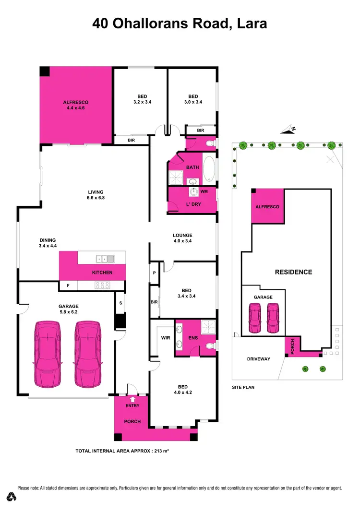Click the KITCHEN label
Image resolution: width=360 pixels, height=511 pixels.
click(x=102, y=273)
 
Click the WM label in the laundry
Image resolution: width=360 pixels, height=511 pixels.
click(x=204, y=191)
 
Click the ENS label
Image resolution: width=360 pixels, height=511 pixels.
click(x=193, y=337)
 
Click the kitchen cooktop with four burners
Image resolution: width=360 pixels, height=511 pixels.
click(x=103, y=285)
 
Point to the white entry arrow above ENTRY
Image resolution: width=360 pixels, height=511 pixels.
click(x=132, y=398)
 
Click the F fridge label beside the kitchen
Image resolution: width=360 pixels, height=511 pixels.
click(x=68, y=285)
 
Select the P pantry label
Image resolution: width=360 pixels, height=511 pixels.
click(x=155, y=273)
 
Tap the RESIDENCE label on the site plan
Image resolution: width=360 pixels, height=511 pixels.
click(x=293, y=272)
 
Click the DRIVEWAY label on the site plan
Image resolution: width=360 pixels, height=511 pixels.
click(x=259, y=359)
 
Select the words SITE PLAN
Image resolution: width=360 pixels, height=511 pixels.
click(x=243, y=387)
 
